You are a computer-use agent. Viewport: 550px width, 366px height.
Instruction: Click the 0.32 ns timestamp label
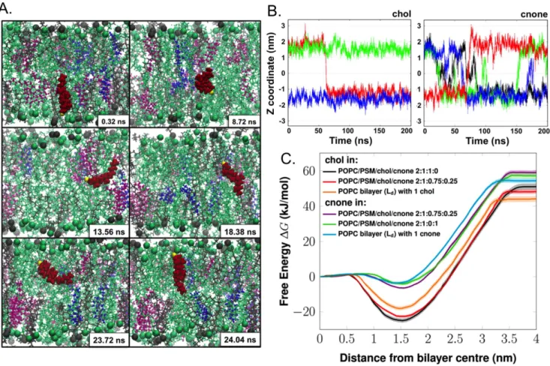point(113,121)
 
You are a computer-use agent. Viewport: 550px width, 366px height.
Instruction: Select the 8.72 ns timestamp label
point(244,121)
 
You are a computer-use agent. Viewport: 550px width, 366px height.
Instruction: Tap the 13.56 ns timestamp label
point(109,232)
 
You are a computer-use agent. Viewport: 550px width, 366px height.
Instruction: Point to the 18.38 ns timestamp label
point(239,232)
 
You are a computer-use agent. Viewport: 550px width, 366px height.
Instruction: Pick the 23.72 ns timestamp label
point(109,340)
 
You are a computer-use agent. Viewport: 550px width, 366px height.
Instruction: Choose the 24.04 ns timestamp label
point(239,340)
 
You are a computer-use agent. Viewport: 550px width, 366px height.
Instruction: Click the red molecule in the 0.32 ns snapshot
point(65,94)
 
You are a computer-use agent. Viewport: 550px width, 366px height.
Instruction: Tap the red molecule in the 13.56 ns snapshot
point(104,174)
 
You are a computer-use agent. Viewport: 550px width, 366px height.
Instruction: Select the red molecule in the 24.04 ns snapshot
point(179,274)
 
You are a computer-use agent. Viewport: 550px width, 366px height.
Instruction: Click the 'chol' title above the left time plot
point(401,14)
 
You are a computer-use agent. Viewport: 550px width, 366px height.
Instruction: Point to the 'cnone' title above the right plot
point(533,14)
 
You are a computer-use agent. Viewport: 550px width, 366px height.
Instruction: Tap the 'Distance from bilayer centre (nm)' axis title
point(428,358)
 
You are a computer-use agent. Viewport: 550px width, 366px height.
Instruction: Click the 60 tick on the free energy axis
point(308,171)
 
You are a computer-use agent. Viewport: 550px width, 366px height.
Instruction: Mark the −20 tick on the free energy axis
point(304,312)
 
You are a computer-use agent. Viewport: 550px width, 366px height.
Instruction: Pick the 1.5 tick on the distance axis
point(401,339)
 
